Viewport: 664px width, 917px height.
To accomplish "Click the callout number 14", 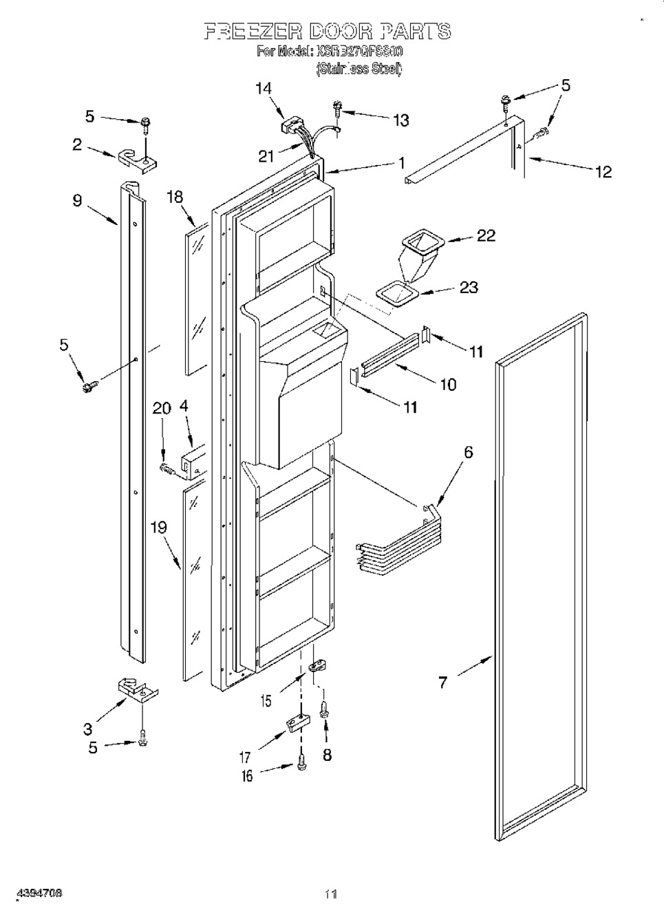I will click(x=263, y=88).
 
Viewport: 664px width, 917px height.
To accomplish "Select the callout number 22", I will click(x=486, y=235).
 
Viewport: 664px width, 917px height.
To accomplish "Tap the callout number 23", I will click(x=469, y=288).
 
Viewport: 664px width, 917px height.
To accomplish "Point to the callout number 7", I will click(x=442, y=682).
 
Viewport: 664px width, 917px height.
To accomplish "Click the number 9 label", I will click(x=77, y=200).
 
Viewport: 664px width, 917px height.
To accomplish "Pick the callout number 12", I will click(x=603, y=171).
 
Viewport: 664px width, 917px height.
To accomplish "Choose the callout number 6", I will click(x=468, y=452).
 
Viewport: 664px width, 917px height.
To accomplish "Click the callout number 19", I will click(x=158, y=528).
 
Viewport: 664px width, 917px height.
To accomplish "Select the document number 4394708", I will click(x=32, y=893).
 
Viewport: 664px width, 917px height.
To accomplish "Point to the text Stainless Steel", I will click(x=359, y=68).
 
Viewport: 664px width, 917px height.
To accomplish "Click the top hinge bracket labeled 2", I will click(x=138, y=158).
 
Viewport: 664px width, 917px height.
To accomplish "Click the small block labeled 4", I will click(x=192, y=459).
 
